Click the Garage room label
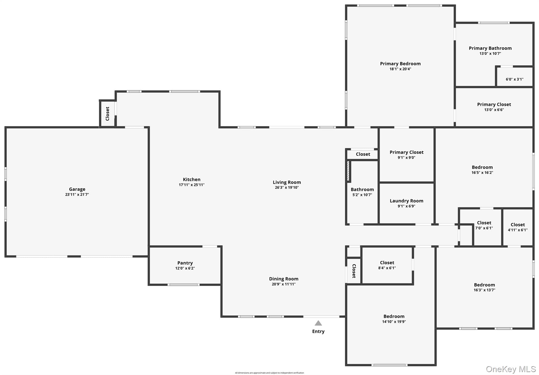[77, 189]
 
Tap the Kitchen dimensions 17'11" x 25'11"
[192, 185]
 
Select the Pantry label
[185, 263]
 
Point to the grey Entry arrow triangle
[318, 323]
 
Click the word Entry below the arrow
[318, 331]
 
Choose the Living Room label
[287, 182]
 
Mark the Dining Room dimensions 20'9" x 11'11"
[284, 284]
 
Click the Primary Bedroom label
[400, 64]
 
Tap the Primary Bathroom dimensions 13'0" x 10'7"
[490, 54]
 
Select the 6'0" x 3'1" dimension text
[515, 79]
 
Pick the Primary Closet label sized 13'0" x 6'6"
[494, 104]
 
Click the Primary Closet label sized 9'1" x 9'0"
[407, 152]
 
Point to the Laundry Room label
[407, 201]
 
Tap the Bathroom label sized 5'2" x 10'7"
[362, 189]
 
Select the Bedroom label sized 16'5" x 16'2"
[482, 167]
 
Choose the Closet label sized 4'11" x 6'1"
[518, 225]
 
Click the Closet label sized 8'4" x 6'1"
[387, 263]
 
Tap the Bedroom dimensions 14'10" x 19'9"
[394, 322]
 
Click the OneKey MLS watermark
[511, 369]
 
